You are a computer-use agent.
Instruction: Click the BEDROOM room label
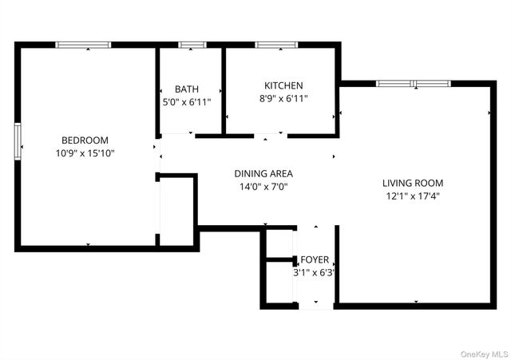point(85,140)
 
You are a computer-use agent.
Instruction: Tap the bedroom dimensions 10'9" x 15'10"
point(85,153)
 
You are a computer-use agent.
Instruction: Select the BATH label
point(188,89)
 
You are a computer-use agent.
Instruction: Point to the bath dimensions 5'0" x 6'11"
point(188,102)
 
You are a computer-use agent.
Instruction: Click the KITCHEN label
point(283,85)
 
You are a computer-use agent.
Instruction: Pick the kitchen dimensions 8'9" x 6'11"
point(283,98)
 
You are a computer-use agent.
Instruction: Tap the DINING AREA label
point(263,173)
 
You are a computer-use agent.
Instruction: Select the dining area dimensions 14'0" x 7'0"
point(263,187)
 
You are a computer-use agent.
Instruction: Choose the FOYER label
point(314,260)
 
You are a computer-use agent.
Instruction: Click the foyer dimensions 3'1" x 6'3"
point(314,273)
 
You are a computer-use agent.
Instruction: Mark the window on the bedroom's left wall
point(18,141)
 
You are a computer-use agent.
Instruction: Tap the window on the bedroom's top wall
point(83,45)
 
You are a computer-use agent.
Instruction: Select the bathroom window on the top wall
point(192,45)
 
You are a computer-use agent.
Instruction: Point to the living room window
point(414,83)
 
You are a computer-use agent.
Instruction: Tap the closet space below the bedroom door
point(177,210)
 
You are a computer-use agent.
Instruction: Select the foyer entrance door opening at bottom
point(315,306)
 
